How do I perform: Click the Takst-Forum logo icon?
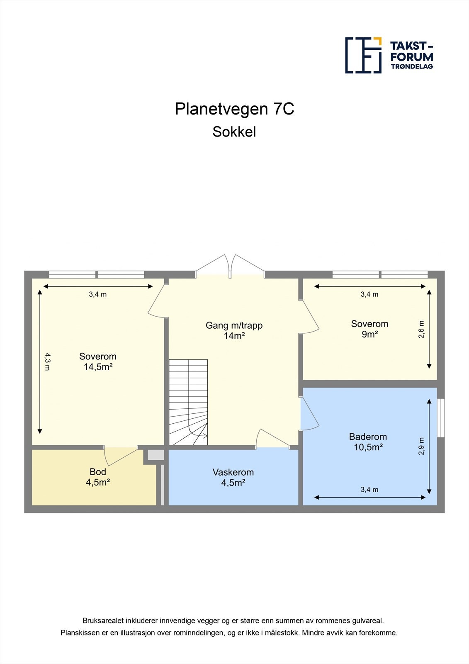tap(363, 55)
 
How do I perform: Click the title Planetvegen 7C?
tap(234, 109)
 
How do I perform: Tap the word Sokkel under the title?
tap(234, 132)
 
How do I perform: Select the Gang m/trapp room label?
tap(234, 330)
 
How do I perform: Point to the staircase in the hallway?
tap(188, 402)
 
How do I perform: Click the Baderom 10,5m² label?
tap(368, 442)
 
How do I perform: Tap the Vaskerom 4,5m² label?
tap(233, 477)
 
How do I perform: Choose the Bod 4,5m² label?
tap(98, 477)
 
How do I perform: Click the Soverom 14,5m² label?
tap(98, 361)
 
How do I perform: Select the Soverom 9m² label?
tap(369, 329)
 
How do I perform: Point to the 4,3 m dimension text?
tap(47, 361)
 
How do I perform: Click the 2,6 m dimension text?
tap(421, 330)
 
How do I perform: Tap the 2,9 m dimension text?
tap(421, 446)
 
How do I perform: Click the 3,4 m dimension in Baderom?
tap(369, 490)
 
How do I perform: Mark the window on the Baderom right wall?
tap(441, 418)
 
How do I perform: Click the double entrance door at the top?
tap(230, 266)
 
